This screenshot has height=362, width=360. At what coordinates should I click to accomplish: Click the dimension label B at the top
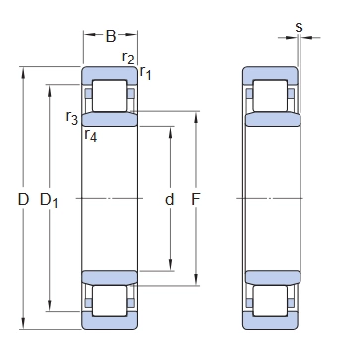[x=111, y=36]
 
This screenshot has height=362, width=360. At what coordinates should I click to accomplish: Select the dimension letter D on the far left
[x=23, y=200]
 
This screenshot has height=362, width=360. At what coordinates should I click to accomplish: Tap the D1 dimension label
[x=49, y=201]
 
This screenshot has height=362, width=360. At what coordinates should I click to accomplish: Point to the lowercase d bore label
[x=169, y=199]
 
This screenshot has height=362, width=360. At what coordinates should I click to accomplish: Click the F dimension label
[x=196, y=199]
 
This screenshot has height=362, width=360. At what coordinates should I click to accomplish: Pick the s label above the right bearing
[x=299, y=27]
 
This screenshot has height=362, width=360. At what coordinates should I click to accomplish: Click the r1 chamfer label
[x=145, y=72]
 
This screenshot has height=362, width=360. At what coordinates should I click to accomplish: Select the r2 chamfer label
[x=128, y=59]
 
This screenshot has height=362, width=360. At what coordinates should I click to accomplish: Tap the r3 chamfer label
[x=72, y=118]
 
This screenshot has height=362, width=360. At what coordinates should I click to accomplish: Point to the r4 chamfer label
[x=91, y=135]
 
